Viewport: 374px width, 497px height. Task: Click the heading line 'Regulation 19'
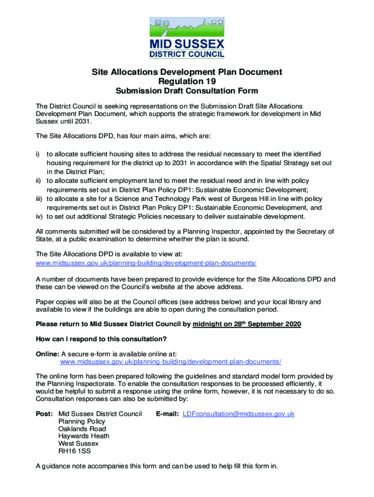coord(187,82)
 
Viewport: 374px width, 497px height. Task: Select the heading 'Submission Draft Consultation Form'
coord(187,91)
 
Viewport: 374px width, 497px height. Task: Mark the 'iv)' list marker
coord(40,216)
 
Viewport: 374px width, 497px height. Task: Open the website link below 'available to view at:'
coord(146,263)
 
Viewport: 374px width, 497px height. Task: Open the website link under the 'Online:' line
coord(170,362)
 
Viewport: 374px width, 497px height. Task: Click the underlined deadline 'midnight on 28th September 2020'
coord(247,324)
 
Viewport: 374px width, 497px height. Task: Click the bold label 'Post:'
coord(45,414)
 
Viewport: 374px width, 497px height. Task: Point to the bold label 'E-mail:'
coord(168,414)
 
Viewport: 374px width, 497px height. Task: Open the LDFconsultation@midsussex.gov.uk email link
coord(238,414)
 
